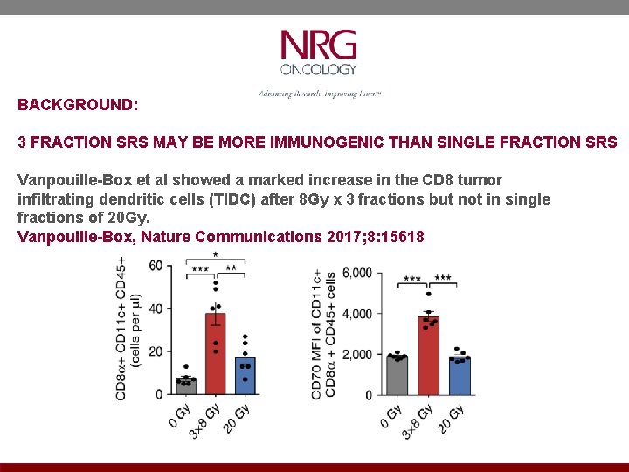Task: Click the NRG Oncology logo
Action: point(318,53)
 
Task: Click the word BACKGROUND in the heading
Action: point(77,104)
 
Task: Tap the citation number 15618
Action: point(402,236)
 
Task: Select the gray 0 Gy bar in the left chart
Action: point(185,385)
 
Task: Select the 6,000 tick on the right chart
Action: point(356,274)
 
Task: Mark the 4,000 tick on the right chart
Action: point(356,314)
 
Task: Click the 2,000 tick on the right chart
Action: point(356,355)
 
